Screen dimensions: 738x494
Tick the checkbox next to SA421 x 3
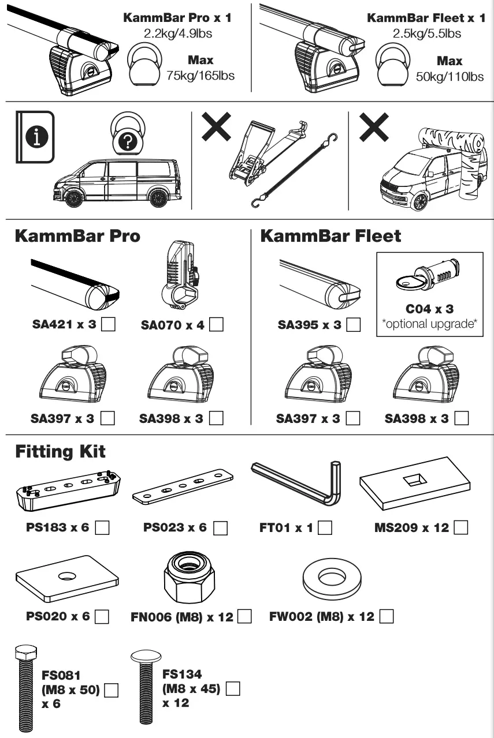point(108,325)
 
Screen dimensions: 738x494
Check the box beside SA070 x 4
point(217,325)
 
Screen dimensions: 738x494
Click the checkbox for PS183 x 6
point(102,527)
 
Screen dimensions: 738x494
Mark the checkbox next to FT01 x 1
point(325,527)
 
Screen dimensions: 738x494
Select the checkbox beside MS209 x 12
point(461,527)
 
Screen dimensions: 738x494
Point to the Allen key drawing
point(300,482)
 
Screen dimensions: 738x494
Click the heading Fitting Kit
point(60,451)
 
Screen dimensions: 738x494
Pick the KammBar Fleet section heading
point(330,236)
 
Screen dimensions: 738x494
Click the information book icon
point(35,136)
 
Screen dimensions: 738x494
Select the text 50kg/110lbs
point(450,76)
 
